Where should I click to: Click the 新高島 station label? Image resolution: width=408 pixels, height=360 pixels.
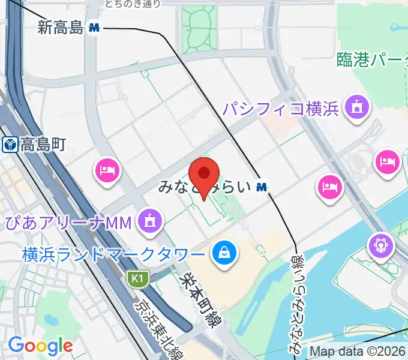[59, 27]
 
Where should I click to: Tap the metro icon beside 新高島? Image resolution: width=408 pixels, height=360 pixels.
[94, 27]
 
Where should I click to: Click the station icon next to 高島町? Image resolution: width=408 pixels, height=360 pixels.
[10, 145]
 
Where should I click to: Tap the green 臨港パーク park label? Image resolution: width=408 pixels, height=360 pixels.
[372, 59]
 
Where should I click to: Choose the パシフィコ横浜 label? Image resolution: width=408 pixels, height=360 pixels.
[281, 109]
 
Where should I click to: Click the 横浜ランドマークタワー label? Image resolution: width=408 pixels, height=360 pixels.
[113, 254]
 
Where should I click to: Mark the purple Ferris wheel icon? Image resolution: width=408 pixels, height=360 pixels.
[381, 245]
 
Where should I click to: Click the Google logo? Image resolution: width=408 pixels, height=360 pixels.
[40, 346]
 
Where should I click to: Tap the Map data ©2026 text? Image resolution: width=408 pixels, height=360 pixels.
[358, 351]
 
